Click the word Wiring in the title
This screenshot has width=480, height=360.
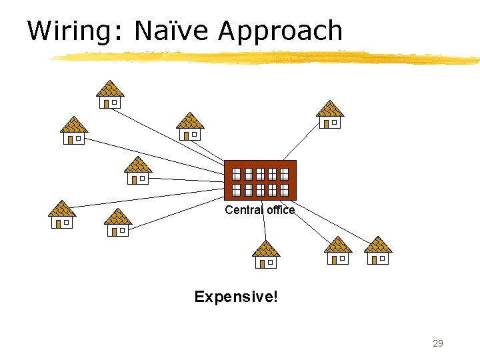coord(73,31)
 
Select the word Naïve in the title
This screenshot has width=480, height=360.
coord(171,31)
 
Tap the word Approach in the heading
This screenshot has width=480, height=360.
coord(279,31)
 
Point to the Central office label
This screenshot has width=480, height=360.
coord(259,210)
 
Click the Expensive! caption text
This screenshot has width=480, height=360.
coord(235,296)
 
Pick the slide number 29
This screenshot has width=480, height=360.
coord(437,343)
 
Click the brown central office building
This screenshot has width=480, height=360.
coord(260,180)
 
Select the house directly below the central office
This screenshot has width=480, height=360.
coord(266,255)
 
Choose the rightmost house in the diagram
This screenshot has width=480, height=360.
coord(378,251)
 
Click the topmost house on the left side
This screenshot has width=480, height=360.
coord(110,94)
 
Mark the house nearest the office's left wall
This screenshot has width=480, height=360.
coord(138,171)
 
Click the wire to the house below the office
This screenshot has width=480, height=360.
coord(263,223)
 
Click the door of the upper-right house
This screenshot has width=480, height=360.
coord(325,123)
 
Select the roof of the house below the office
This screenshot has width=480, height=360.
coord(266,249)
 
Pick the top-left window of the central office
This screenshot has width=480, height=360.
coord(236,174)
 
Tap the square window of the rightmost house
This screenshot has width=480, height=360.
coord(383,258)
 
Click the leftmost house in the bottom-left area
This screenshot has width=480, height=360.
coord(62,215)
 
